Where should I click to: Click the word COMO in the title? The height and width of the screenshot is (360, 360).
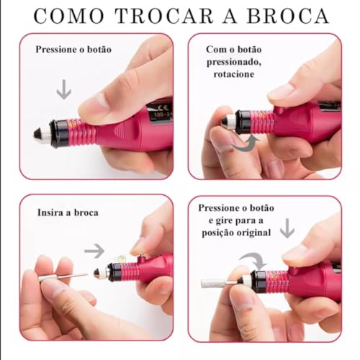[66, 15]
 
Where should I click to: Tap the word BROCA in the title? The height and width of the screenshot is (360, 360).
[289, 15]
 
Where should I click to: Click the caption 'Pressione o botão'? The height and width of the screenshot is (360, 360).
[73, 50]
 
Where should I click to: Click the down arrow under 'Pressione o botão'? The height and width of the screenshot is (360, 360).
[65, 89]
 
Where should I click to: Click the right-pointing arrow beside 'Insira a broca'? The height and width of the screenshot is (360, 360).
[94, 251]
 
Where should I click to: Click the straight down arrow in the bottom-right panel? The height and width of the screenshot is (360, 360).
[287, 228]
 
